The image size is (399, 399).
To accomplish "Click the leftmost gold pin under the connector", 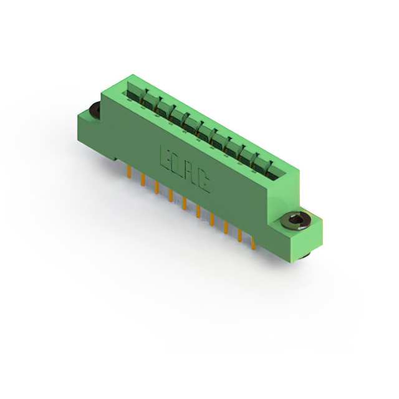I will (x=129, y=172).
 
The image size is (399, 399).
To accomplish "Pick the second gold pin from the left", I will (x=143, y=180).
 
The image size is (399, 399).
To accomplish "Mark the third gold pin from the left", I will (x=156, y=188).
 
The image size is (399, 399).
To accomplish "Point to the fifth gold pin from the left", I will (x=184, y=203).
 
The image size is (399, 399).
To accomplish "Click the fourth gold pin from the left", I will (x=170, y=196).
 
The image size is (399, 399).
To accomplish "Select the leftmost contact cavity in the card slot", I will (x=133, y=93).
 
